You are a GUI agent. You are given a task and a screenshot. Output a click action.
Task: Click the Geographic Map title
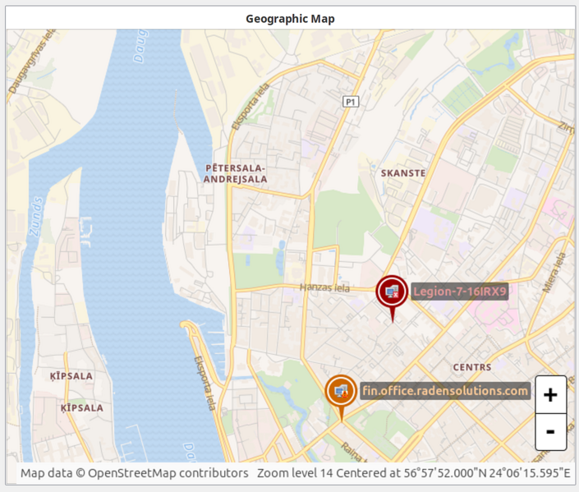point(290,19)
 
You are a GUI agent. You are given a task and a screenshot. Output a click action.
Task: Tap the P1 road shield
point(351,101)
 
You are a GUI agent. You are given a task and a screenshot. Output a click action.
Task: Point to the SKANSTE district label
point(403,173)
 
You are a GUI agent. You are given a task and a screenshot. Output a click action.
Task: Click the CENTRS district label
point(472,367)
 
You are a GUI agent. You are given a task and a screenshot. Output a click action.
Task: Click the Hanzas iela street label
point(324,287)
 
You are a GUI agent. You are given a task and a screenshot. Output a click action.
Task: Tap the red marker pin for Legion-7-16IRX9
point(392,292)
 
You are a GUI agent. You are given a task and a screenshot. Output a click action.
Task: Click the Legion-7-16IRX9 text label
point(460,291)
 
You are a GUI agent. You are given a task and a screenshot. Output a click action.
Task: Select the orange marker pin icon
point(341,392)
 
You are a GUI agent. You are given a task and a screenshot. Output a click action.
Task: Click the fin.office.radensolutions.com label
point(444,390)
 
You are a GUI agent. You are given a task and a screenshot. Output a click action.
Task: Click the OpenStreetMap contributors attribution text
point(168,473)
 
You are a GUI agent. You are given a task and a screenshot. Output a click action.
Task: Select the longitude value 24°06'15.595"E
point(526,473)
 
